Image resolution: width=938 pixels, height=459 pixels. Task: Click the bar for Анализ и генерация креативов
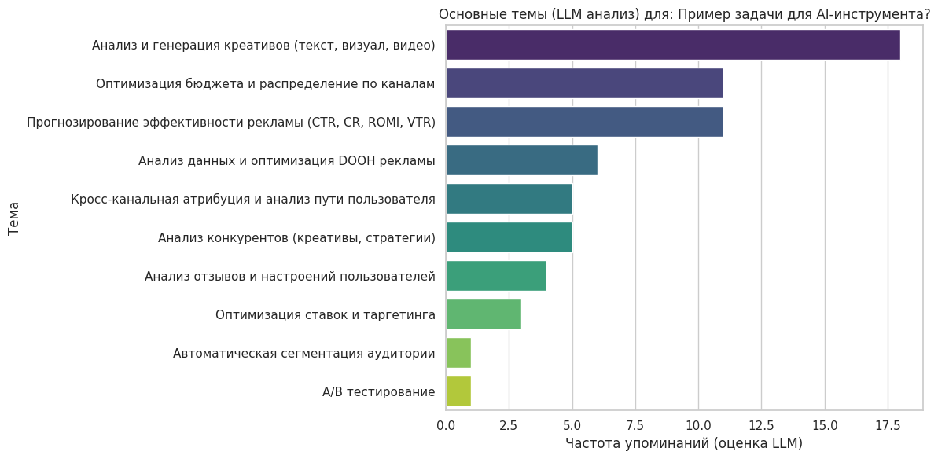[x=672, y=45]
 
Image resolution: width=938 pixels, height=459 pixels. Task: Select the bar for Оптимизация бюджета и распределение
[x=584, y=83]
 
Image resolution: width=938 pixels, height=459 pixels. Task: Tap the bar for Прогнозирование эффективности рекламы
[x=584, y=122]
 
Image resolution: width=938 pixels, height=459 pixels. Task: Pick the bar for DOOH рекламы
[x=521, y=160]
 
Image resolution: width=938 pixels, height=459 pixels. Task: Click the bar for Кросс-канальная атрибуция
[x=509, y=199]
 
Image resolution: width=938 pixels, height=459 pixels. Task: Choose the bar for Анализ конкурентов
[x=509, y=237]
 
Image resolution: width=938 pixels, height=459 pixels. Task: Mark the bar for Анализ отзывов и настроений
[x=496, y=276]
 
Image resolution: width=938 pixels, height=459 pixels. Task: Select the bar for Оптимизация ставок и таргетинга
[x=484, y=314]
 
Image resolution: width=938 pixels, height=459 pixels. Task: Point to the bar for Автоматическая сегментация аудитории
[x=458, y=353]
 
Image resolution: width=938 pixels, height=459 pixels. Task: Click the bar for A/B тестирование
[x=458, y=391]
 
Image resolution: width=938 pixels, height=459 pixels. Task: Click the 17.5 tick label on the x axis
[x=888, y=425]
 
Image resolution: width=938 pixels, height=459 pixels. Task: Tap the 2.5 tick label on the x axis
[x=509, y=425]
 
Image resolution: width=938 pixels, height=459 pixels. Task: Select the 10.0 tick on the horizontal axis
[x=698, y=425]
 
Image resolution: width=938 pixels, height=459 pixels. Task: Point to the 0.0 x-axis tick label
[x=446, y=425]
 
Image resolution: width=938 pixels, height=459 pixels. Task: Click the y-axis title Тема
[x=14, y=218]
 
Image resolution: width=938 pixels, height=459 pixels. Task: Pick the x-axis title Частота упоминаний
[x=683, y=444]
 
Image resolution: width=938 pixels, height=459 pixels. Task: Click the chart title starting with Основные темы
[x=684, y=14]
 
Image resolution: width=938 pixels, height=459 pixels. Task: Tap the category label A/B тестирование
[x=378, y=391]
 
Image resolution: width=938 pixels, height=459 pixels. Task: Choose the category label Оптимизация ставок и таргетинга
[x=325, y=314]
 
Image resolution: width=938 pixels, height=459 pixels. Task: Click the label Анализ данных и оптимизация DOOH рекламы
[x=286, y=160]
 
